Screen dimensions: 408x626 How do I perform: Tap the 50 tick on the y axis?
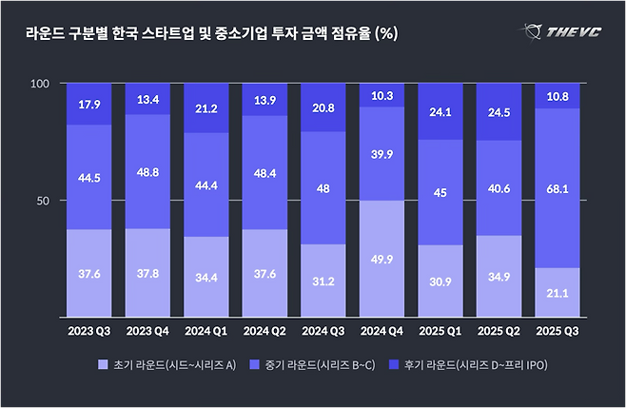(42, 201)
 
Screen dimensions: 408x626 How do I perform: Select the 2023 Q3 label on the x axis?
(88, 332)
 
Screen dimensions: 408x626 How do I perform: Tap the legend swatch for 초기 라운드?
(102, 363)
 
